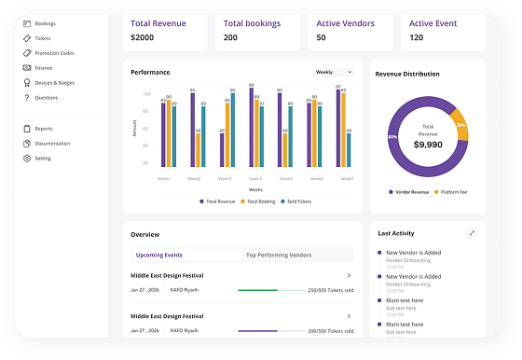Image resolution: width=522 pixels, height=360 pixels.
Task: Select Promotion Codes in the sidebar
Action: click(x=53, y=52)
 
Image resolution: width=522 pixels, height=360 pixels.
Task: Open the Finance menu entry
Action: click(x=44, y=67)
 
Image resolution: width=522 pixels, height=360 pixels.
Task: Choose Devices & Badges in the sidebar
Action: click(x=54, y=82)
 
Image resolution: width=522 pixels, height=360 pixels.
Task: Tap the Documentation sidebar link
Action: click(x=52, y=143)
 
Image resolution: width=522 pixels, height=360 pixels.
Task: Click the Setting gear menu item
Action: click(x=42, y=158)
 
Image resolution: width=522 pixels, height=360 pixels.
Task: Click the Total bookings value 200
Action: click(x=230, y=37)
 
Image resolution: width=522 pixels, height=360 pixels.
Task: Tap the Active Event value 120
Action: click(x=416, y=37)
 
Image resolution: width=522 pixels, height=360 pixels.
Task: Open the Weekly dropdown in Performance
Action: click(x=335, y=71)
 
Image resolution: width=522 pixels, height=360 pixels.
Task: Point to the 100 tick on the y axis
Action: click(x=146, y=94)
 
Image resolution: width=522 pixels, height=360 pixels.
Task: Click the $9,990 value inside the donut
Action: click(x=427, y=145)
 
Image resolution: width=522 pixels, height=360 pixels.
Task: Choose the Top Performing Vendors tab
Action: click(x=278, y=255)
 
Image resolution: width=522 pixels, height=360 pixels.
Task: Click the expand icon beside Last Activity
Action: click(x=472, y=232)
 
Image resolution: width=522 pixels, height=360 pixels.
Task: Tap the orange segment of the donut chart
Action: click(x=460, y=125)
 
